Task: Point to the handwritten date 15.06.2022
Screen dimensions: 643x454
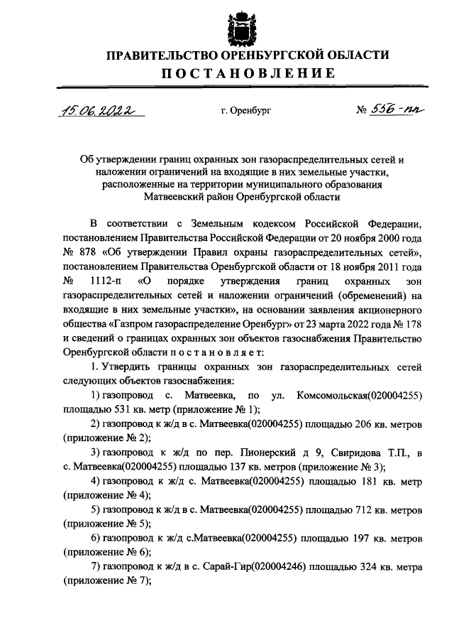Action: tap(99, 110)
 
